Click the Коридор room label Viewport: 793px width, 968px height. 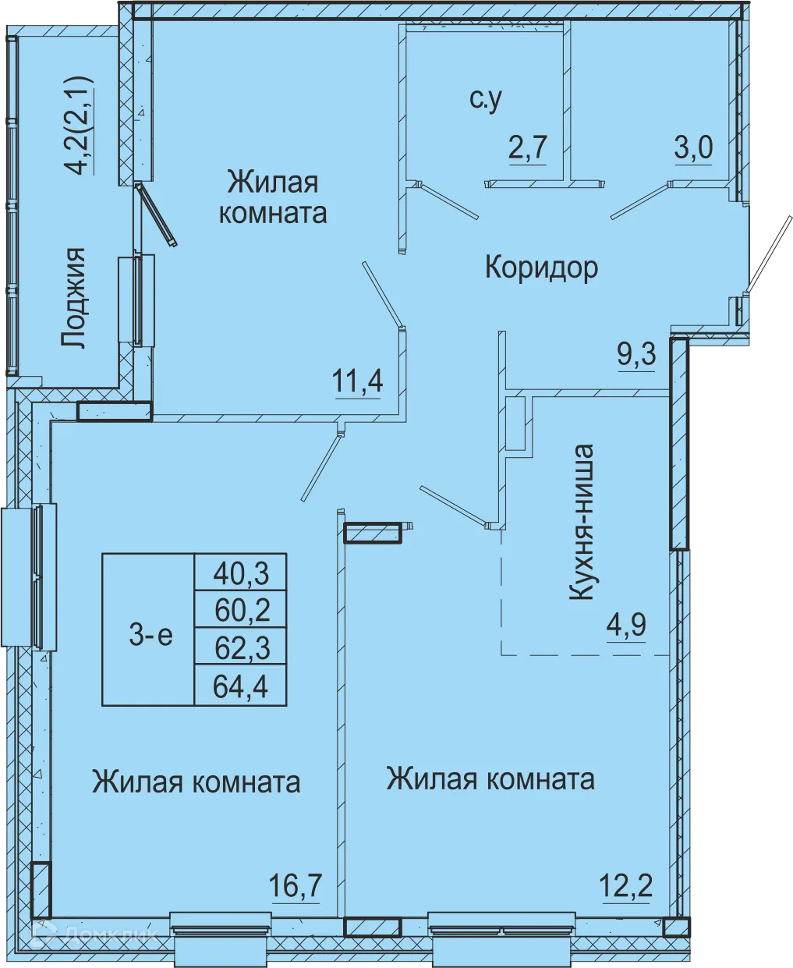[x=541, y=268]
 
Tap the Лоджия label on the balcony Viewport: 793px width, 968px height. [x=74, y=298]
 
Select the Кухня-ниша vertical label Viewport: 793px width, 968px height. [x=582, y=523]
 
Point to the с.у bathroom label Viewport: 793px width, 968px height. [x=485, y=100]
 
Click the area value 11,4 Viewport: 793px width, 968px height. [x=358, y=382]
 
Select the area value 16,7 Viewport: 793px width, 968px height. [x=296, y=887]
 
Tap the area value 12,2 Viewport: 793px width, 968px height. [x=626, y=886]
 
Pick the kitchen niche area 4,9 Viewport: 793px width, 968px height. [x=626, y=626]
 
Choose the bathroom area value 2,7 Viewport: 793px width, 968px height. [x=529, y=147]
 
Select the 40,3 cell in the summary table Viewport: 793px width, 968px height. [x=241, y=573]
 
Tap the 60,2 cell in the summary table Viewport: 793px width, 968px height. [x=241, y=610]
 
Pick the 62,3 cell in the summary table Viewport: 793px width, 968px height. [x=241, y=647]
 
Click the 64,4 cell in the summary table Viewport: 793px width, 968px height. [x=241, y=686]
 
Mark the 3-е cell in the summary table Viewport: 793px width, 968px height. [x=150, y=636]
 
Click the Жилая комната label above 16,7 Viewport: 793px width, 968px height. [x=196, y=782]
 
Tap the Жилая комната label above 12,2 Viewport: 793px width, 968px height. [x=490, y=778]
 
